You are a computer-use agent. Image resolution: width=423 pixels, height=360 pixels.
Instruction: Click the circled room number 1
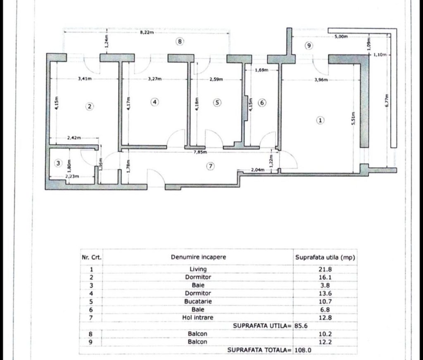click(x=320, y=120)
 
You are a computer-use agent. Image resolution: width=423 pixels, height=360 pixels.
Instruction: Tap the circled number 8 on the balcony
click(x=180, y=42)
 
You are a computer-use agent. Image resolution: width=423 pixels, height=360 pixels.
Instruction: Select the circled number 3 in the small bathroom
click(x=58, y=163)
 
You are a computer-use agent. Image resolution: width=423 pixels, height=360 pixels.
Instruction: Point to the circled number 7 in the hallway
click(x=210, y=166)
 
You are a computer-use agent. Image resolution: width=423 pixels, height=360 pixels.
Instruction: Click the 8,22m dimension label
click(x=147, y=32)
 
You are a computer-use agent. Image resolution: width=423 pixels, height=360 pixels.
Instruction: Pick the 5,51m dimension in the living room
click(x=354, y=118)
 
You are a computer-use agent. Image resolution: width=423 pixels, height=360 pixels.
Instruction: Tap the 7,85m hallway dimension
click(x=200, y=152)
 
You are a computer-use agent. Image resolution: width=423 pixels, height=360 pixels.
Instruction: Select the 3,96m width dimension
click(x=321, y=80)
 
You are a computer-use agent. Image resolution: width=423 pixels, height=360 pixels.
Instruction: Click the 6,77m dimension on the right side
click(x=387, y=100)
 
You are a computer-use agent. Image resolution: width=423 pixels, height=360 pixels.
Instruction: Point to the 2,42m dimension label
click(x=74, y=138)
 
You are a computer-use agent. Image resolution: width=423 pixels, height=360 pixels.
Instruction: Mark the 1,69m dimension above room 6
click(x=261, y=70)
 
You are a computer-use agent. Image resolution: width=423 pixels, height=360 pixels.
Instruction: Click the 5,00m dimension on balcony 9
click(x=341, y=36)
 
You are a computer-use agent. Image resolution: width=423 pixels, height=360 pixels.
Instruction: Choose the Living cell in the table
click(x=198, y=269)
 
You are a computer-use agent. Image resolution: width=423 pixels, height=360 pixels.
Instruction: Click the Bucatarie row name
click(x=198, y=301)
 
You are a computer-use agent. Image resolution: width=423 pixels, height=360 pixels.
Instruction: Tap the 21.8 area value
click(x=325, y=269)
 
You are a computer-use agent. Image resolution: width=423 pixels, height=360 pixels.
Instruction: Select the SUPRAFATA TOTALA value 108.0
click(x=303, y=350)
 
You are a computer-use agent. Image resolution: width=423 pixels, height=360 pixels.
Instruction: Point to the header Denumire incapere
click(x=198, y=257)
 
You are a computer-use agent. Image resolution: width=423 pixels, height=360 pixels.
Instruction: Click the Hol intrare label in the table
click(x=198, y=317)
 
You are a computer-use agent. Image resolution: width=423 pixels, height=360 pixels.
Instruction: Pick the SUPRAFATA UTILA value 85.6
click(x=301, y=326)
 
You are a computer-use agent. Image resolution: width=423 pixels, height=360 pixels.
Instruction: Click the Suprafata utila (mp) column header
click(x=325, y=257)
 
